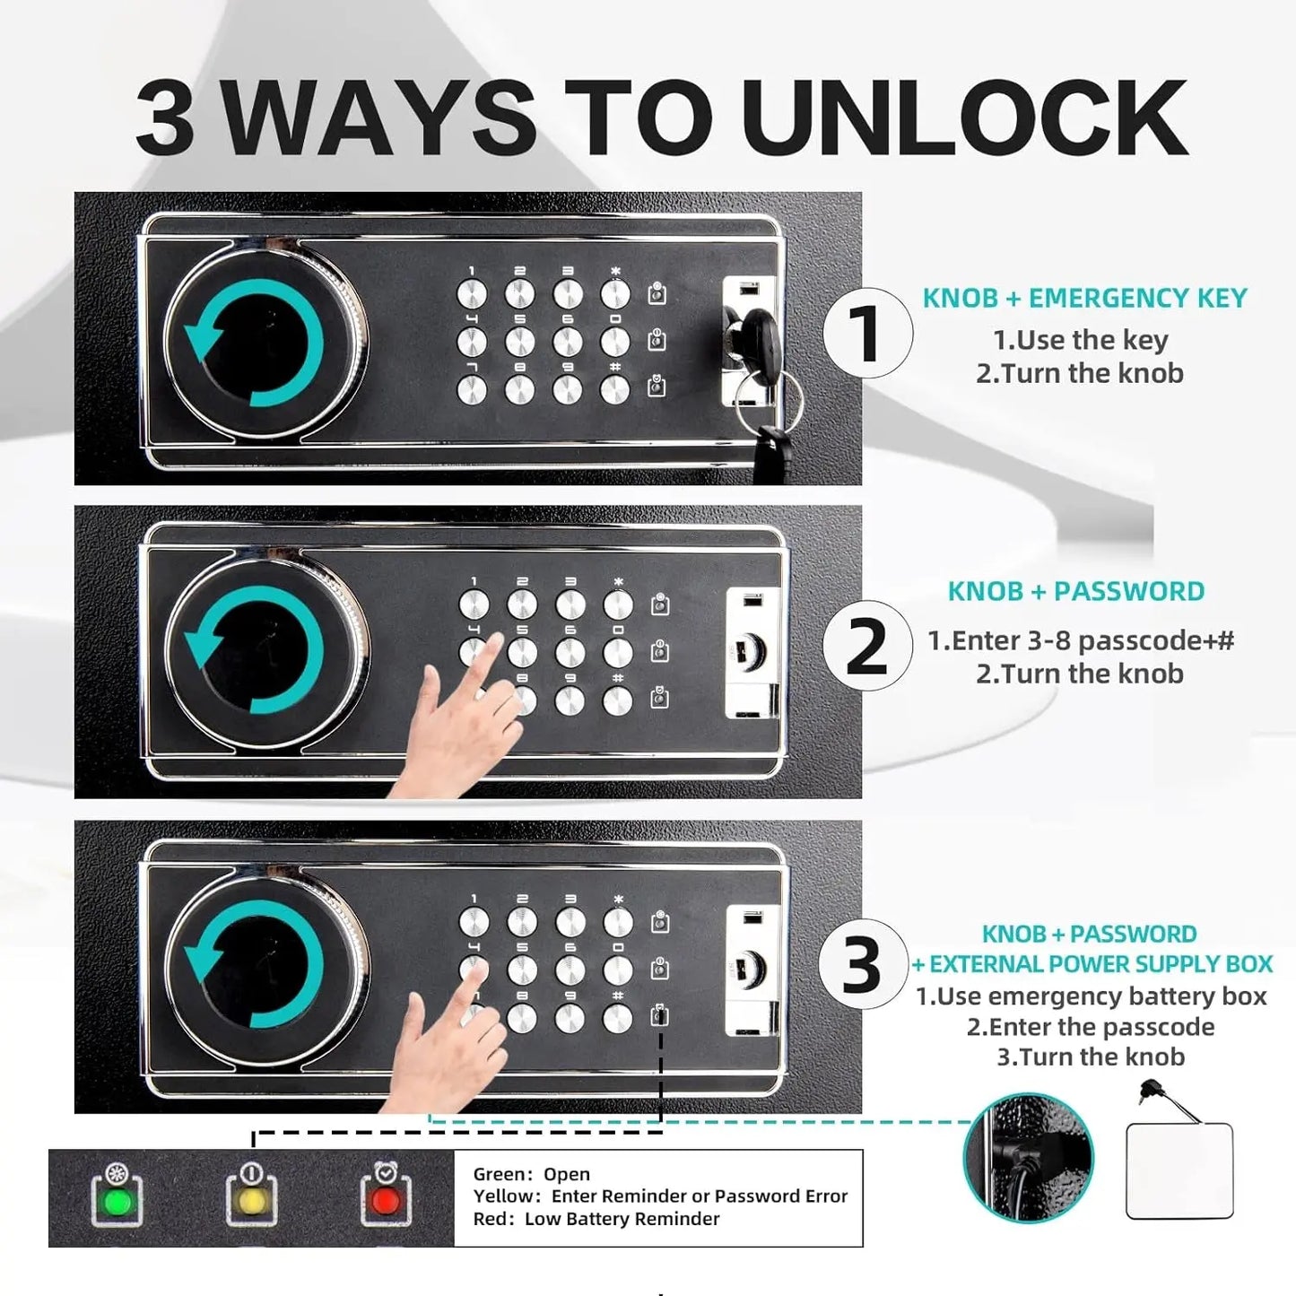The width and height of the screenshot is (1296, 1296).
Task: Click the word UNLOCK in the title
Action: [963, 118]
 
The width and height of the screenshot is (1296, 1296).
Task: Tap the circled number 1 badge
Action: [867, 333]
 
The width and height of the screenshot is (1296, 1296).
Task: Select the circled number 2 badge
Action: [867, 646]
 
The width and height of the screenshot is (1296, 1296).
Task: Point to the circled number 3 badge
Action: [864, 964]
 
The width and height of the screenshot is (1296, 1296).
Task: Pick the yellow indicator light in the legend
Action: [251, 1201]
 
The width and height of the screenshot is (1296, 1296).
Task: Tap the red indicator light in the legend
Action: [386, 1201]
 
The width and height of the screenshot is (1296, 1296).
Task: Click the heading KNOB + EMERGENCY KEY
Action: [1084, 298]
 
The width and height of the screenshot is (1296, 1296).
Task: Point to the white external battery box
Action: [1179, 1170]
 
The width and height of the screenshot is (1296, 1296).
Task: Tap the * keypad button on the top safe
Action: [614, 294]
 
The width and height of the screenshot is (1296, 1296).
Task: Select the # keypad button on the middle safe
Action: [617, 701]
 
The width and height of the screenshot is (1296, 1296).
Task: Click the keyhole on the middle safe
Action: [751, 650]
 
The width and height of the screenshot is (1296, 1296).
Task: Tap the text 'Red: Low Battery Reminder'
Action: [596, 1219]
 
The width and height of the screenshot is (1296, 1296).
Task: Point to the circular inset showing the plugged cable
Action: [1029, 1157]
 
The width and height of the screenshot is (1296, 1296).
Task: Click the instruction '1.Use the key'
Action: [1081, 340]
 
